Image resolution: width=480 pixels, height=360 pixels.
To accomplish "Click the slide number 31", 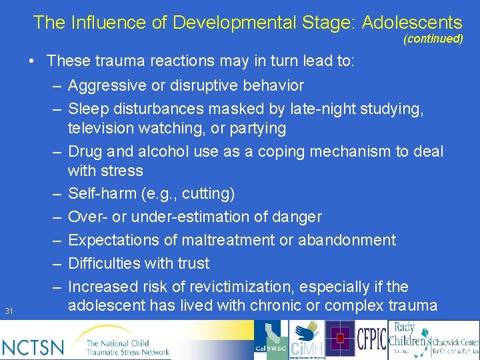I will click(9, 311).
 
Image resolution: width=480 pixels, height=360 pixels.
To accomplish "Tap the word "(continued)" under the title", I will click(433, 39).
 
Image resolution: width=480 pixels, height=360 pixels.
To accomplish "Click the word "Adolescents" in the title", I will click(412, 22).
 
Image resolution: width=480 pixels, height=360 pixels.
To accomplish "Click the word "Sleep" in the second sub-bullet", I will click(88, 109).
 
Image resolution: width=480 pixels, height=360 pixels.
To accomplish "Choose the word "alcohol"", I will click(161, 151).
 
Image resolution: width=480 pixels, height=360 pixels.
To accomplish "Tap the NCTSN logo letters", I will click(33, 347).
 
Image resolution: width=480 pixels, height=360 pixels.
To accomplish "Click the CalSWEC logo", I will click(271, 340).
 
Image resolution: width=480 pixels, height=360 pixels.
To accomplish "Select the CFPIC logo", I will click(371, 339).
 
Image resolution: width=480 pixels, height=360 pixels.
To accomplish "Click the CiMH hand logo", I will click(307, 339).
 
